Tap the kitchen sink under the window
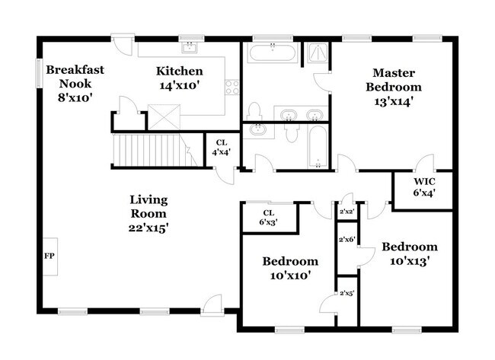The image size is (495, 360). [x=190, y=49]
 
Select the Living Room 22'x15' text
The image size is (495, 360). [x=148, y=214]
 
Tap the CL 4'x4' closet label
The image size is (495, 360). [x=222, y=147]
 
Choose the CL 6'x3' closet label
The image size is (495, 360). [x=268, y=217]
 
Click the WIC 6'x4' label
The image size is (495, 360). [x=423, y=187]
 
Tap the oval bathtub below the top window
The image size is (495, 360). [x=272, y=53]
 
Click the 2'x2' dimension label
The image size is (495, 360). [x=347, y=212]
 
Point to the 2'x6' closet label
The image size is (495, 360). [x=346, y=240]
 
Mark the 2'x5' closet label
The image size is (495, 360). [x=346, y=292]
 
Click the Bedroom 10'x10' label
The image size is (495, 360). [x=290, y=267]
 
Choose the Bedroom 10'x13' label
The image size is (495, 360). [x=410, y=253]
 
